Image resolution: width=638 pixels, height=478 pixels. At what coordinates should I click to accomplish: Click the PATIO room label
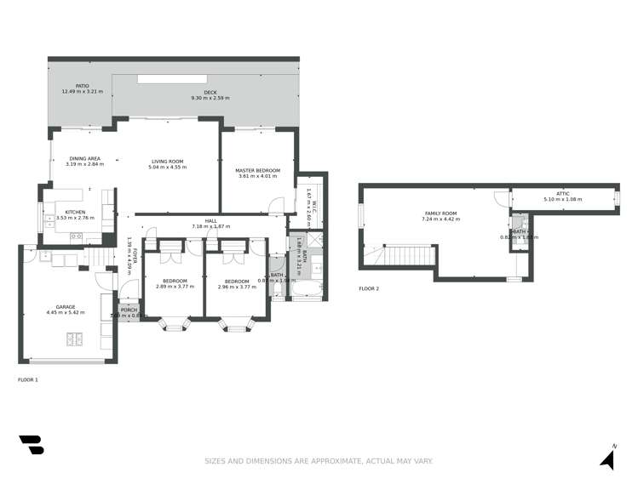tap(82, 86)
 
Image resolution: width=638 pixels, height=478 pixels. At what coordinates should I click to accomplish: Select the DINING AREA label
tap(84, 158)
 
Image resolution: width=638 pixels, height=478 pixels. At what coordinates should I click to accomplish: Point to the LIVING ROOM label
tap(167, 162)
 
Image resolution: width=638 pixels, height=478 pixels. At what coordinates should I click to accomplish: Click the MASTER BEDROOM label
tap(257, 171)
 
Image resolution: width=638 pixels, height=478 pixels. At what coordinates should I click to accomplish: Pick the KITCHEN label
tap(76, 213)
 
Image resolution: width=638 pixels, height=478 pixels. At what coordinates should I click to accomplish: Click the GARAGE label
tap(66, 307)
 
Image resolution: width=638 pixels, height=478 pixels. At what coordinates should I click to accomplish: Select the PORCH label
tap(129, 310)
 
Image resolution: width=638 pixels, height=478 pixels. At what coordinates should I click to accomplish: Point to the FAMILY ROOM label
tap(441, 213)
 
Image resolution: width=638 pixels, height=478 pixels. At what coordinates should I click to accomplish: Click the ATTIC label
tap(562, 194)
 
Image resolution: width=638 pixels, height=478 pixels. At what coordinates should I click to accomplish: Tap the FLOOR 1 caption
tap(28, 379)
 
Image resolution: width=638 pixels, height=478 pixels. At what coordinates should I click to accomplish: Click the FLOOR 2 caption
tap(369, 289)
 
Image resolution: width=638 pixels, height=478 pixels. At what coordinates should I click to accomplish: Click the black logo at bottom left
tap(31, 445)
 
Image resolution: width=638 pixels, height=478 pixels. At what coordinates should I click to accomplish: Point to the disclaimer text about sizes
tap(319, 461)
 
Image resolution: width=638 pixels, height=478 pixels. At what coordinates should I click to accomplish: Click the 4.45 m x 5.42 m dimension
tap(66, 313)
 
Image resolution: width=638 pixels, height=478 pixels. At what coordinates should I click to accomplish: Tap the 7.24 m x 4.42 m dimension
tap(441, 219)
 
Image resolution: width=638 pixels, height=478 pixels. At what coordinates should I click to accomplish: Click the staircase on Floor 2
tap(409, 255)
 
